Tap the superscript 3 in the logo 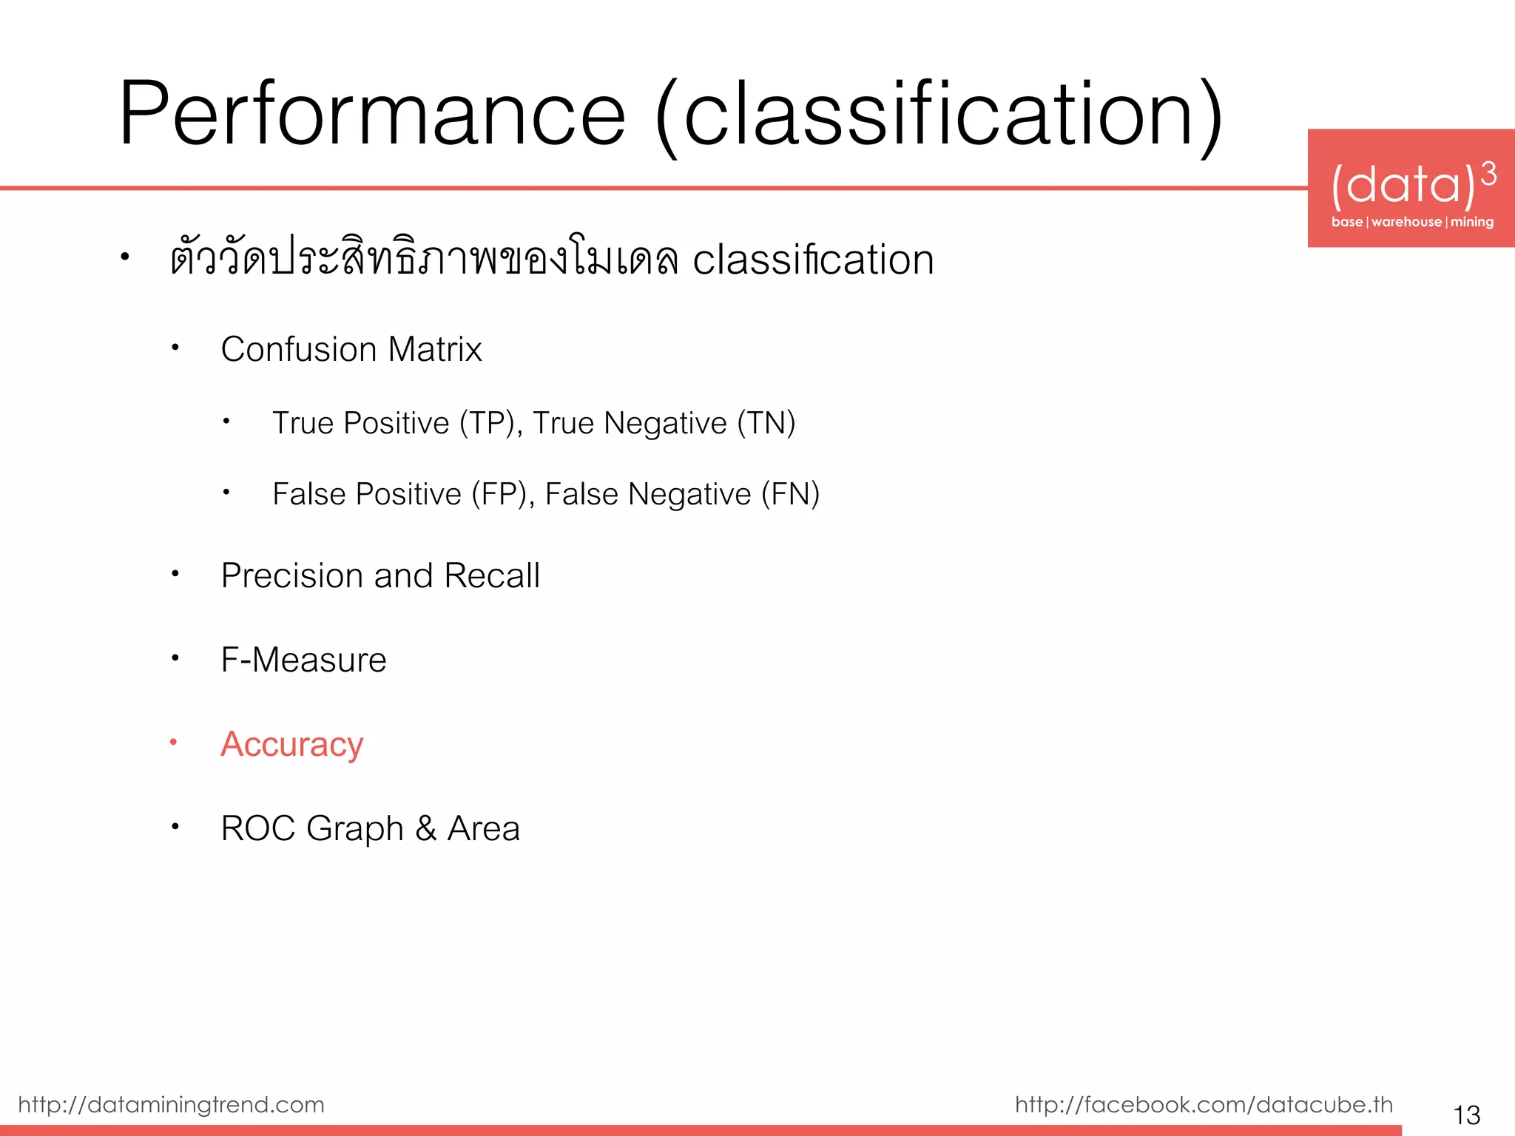point(1488,175)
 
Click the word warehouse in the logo point(1406,222)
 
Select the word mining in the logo point(1471,222)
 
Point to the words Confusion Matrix point(351,349)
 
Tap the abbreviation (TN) point(766,423)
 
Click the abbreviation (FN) point(790,494)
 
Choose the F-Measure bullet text point(303,660)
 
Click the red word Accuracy point(292,744)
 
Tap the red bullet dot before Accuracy point(174,742)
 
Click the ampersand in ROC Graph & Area point(425,828)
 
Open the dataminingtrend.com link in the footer point(171,1104)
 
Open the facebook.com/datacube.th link point(1204,1104)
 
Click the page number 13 point(1466,1115)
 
